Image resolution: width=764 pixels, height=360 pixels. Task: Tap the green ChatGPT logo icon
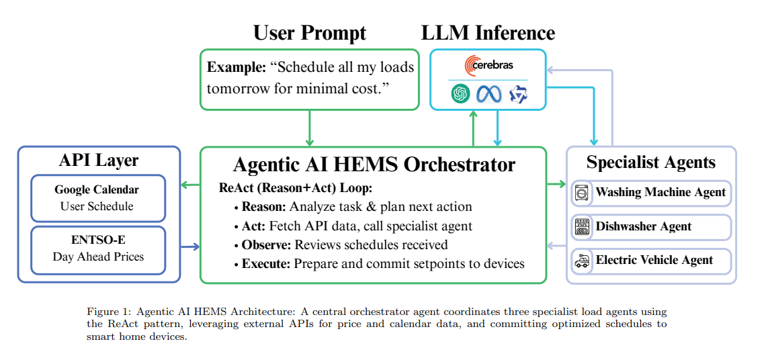461,94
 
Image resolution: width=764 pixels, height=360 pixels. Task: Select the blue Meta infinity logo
489,94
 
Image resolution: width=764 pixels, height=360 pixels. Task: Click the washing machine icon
581,193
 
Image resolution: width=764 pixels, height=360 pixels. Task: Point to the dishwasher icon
581,227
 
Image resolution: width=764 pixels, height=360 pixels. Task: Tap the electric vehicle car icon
581,261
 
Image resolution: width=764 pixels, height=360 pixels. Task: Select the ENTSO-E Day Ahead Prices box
98,249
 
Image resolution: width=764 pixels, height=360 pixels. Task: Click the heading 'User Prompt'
310,33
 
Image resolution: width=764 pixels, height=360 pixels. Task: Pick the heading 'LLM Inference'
488,33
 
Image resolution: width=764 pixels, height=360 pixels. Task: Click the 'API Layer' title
99,161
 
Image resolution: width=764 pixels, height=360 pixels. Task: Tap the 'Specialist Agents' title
650,162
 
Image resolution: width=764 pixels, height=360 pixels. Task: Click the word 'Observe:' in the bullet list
266,244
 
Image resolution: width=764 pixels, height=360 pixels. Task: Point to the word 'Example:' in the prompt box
237,67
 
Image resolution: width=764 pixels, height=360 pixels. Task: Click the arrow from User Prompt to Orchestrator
310,128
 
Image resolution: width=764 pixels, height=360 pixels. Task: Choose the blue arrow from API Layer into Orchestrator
191,246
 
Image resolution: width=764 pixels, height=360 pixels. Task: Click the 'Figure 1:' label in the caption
109,312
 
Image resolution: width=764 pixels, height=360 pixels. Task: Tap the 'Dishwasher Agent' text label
643,227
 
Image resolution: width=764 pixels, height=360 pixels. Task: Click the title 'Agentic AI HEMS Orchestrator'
374,165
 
